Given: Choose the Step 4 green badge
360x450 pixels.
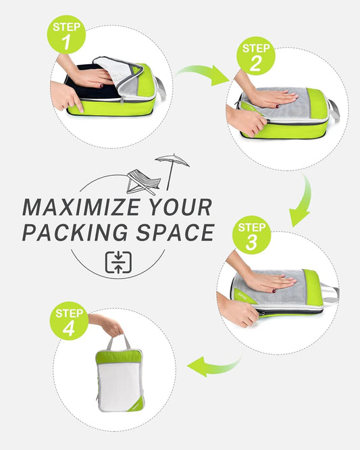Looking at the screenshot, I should (x=70, y=321).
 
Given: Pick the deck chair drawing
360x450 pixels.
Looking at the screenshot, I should (x=144, y=182).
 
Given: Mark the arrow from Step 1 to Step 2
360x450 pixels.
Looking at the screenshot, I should (x=203, y=73).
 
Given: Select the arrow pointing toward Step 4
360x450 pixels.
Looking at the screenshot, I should (x=212, y=367).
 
